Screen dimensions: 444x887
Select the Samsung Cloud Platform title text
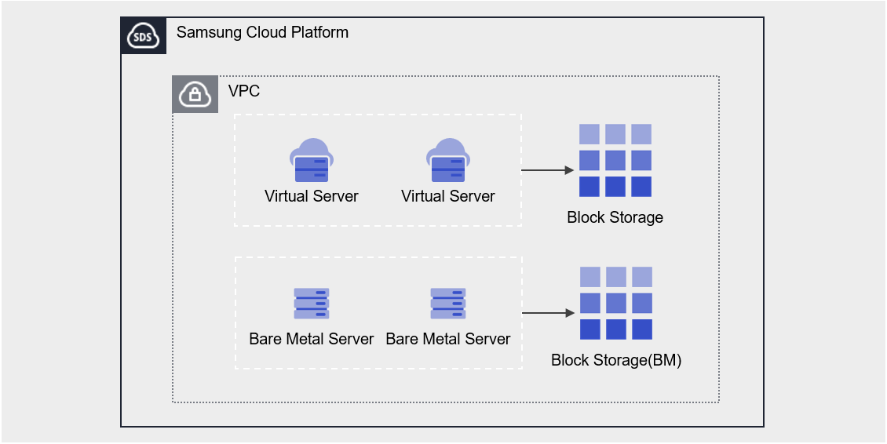262,33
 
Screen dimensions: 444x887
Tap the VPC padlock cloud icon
195,95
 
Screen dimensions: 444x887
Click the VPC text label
244,91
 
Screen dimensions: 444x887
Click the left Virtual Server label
311,196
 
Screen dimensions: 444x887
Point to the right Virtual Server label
447,196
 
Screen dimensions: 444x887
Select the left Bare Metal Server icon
311,304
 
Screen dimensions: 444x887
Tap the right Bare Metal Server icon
447,304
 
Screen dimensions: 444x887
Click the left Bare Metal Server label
311,339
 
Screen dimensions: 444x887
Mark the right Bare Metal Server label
447,339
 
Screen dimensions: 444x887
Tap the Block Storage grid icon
615,161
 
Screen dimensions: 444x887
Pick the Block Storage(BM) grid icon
616,304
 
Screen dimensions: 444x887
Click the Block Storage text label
615,217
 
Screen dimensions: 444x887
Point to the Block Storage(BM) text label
616,361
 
